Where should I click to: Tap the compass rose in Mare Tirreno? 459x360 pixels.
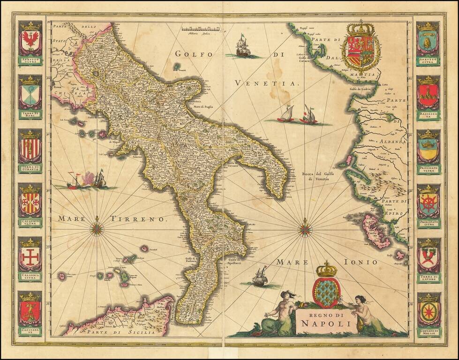click(x=97, y=229)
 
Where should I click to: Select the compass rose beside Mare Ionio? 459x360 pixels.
click(x=305, y=229)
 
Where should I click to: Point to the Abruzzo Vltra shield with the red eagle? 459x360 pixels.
click(x=30, y=41)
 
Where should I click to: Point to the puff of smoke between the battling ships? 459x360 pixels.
click(x=88, y=178)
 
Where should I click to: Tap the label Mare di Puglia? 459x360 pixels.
click(x=201, y=107)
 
